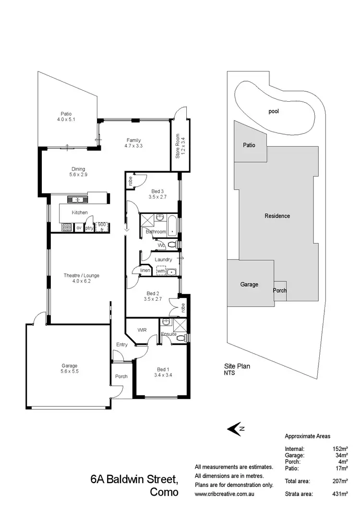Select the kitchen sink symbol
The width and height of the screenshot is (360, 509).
(76, 199)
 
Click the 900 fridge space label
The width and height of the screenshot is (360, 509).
(101, 226)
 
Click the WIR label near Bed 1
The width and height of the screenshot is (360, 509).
(142, 330)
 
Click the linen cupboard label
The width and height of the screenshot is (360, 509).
(145, 271)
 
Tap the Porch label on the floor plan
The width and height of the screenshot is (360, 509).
(121, 376)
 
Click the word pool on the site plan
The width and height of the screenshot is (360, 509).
(274, 111)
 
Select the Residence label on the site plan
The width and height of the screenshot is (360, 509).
(277, 216)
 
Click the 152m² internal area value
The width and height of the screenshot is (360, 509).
(339, 448)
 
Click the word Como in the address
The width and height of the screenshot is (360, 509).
(165, 492)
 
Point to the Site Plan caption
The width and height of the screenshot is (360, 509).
(237, 366)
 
